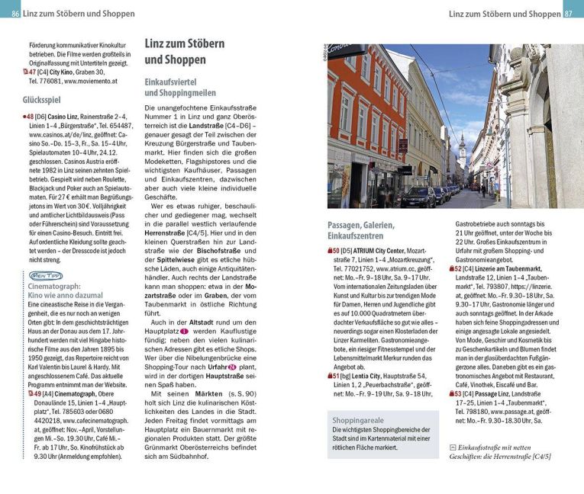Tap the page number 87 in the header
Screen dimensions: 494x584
tap(573, 14)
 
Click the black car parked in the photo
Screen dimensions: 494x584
tap(417, 197)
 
